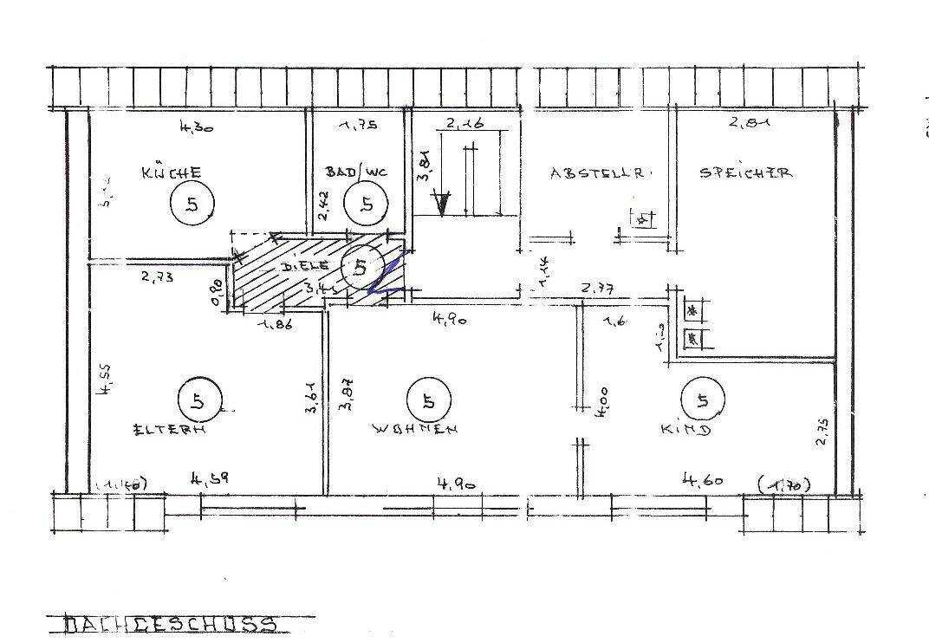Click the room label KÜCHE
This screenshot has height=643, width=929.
172,172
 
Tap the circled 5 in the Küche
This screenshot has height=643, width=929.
191,205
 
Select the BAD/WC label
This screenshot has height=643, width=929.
356,172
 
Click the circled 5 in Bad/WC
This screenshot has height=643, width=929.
367,205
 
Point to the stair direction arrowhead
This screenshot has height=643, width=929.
443,205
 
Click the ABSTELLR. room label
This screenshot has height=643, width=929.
597,172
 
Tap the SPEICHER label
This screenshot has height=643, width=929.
745,172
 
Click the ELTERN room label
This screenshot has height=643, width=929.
168,428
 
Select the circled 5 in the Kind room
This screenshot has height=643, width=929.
701,400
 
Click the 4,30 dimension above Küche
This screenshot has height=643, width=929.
196,127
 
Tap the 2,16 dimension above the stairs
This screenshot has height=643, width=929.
465,126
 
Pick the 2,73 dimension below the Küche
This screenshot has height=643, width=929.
158,277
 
